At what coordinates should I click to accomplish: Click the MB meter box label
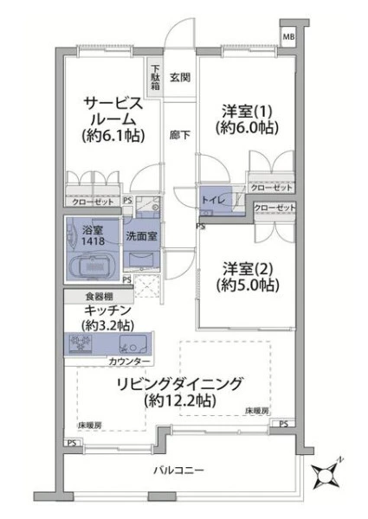[x=287, y=36]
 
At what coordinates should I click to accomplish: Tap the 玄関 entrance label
[x=180, y=78]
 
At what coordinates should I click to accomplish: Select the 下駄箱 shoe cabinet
[x=155, y=78]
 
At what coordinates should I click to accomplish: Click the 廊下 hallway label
[x=180, y=135]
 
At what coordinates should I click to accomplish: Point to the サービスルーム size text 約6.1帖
[x=113, y=136]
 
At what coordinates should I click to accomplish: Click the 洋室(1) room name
[x=247, y=112]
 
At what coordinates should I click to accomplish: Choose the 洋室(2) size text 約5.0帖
[x=248, y=285]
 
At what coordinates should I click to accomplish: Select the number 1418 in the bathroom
[x=93, y=241]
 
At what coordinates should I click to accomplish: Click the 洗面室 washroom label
[x=141, y=236]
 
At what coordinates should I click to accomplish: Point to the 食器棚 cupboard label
[x=99, y=297]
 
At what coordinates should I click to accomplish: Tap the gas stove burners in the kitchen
[x=80, y=343]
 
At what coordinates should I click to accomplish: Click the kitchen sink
[x=133, y=344]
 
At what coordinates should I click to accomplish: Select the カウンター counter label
[x=129, y=362]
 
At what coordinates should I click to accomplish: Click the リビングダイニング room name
[x=180, y=384]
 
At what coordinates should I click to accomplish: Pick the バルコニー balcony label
[x=178, y=470]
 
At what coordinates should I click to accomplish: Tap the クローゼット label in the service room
[x=93, y=202]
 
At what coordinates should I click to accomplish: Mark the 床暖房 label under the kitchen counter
[x=90, y=425]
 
